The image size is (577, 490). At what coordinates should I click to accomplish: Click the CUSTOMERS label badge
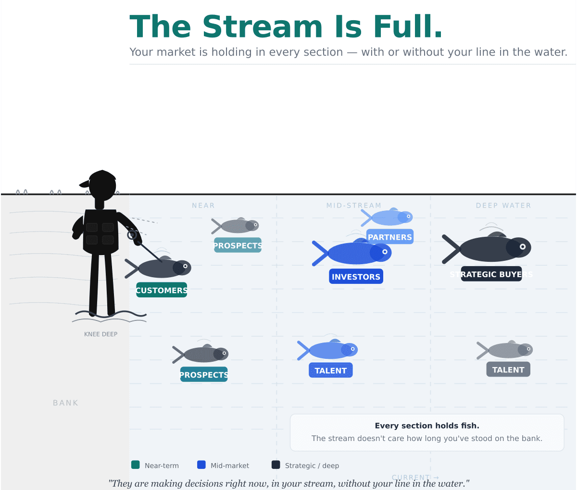[x=162, y=290]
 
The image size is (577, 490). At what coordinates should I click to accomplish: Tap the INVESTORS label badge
[x=356, y=276]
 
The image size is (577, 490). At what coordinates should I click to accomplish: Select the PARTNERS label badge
[x=389, y=237]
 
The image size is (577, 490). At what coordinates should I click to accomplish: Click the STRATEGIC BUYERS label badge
[x=491, y=274]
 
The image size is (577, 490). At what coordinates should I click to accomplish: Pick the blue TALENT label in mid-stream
[x=330, y=370]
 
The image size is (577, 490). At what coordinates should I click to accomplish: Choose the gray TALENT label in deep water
[x=508, y=369]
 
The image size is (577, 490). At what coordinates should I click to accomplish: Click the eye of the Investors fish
[x=385, y=252]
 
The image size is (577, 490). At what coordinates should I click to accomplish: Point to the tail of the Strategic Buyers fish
[x=451, y=249]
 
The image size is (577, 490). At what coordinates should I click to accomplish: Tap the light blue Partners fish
[x=387, y=217]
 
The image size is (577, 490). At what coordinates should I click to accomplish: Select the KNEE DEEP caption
[x=101, y=334]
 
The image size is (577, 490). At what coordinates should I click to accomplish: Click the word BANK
[x=65, y=403]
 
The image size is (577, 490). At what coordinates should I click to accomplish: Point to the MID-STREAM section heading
[x=354, y=206]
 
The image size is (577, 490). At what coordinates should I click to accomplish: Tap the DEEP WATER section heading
[x=503, y=206]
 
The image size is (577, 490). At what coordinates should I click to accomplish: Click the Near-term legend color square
[x=136, y=465]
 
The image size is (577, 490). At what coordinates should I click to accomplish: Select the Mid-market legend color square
[x=201, y=465]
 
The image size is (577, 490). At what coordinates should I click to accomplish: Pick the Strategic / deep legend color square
[x=276, y=465]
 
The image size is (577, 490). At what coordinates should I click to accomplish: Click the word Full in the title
[x=407, y=26]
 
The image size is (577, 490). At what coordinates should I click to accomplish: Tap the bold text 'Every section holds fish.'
[x=427, y=426]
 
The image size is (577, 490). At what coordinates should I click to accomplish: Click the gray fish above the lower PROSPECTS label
[x=201, y=354]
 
